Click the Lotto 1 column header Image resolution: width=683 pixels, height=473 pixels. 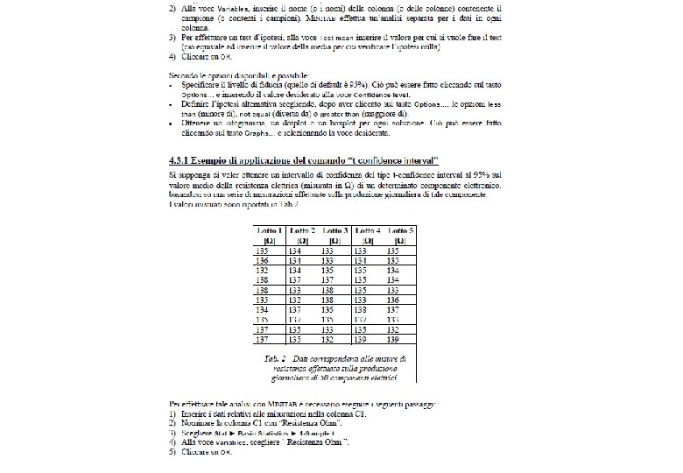tap(268, 229)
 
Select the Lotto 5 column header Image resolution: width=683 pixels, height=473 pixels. tap(400, 229)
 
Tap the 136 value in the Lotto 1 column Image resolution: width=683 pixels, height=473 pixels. tap(263, 260)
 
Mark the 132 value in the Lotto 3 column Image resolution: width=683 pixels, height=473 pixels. tap(327, 339)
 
